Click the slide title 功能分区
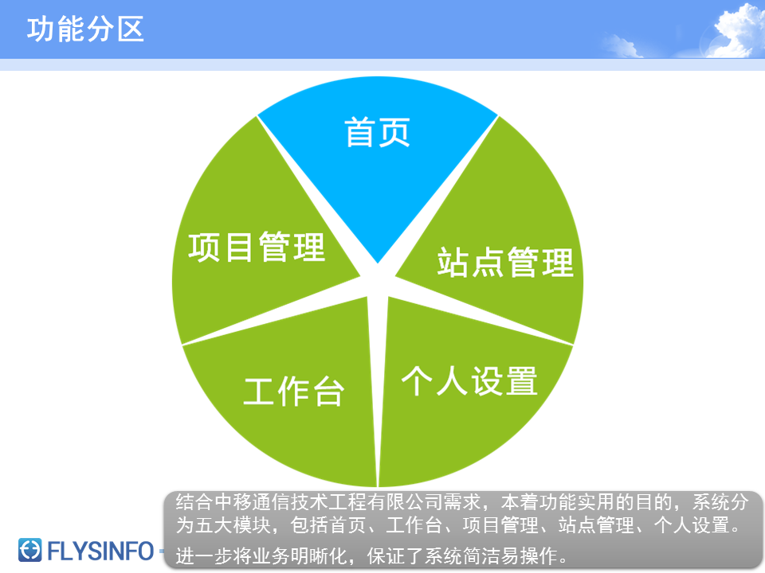point(85,29)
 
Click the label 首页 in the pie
point(377,132)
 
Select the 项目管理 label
point(257,247)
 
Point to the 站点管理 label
point(505,262)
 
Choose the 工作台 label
point(294,392)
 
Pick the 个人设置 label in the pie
point(469,381)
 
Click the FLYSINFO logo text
point(100,552)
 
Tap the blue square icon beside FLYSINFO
point(29,550)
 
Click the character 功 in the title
point(41,29)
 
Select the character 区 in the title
point(131,29)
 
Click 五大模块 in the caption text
point(233,525)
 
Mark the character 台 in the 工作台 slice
point(329,392)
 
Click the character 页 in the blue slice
point(394,132)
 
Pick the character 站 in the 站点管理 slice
point(453,262)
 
